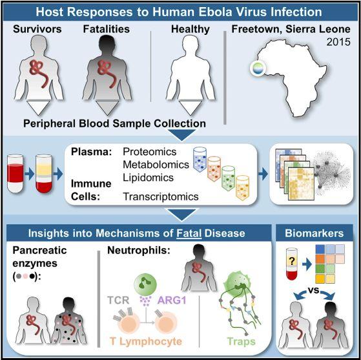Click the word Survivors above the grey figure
tap(37, 29)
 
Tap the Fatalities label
tap(107, 29)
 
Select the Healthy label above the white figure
tap(191, 30)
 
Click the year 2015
tap(338, 42)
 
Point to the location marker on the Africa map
tap(258, 69)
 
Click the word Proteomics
tap(150, 152)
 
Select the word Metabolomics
tap(156, 165)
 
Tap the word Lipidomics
tap(148, 178)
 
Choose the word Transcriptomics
tap(161, 196)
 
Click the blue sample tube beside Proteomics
tap(200, 160)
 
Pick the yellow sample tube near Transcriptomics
tap(242, 188)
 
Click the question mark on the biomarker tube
tap(292, 261)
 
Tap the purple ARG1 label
tap(172, 300)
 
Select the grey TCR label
tap(118, 300)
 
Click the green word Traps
tap(242, 341)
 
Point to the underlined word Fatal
tap(189, 233)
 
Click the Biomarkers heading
tap(315, 233)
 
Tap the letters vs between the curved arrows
tap(313, 290)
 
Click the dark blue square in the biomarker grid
tap(320, 249)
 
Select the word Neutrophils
tap(139, 250)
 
